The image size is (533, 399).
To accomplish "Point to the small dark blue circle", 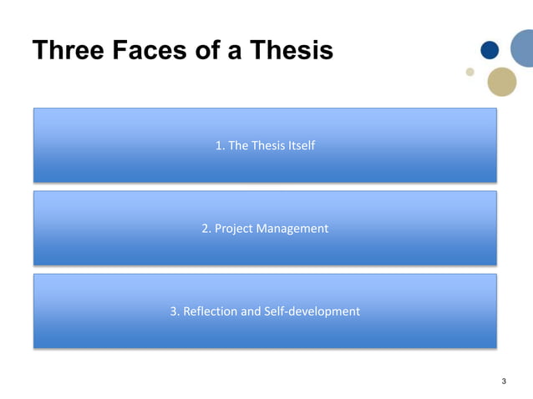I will tap(490, 51).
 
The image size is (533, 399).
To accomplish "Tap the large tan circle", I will tap(502, 81).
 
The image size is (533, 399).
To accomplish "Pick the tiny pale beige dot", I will tap(470, 72).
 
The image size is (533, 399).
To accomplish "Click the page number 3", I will tap(503, 381).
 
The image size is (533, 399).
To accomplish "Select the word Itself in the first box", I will tap(299, 145).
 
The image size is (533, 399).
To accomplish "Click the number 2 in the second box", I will tap(206, 228).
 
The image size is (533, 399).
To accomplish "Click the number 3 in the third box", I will tap(174, 311).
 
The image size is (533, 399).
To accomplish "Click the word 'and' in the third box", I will tap(251, 311).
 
